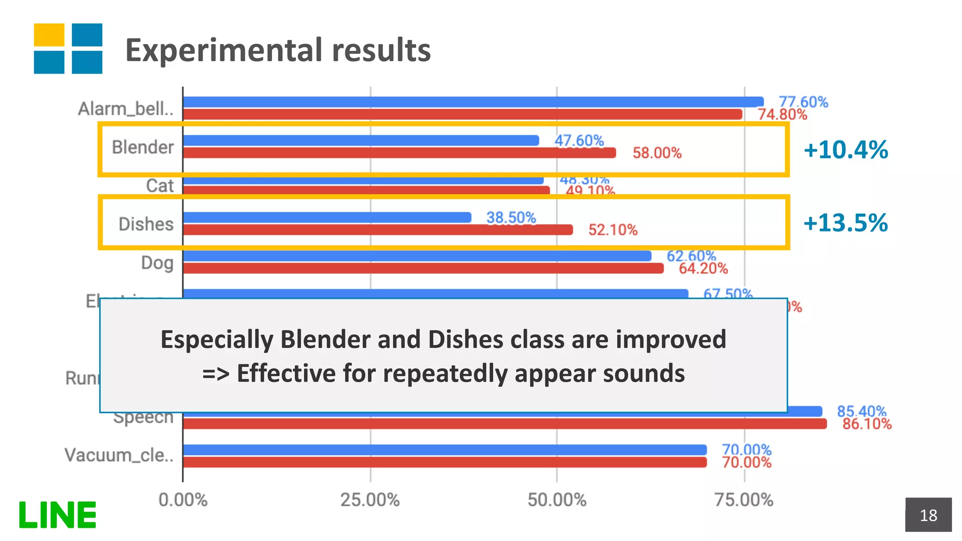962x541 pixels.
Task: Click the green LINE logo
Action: (x=57, y=515)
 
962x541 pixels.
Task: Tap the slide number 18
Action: (x=928, y=515)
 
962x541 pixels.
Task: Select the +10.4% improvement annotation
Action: (x=846, y=150)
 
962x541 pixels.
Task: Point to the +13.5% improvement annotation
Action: (x=846, y=223)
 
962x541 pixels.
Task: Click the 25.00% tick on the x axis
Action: (x=370, y=500)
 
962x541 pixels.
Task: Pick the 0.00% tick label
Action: (x=183, y=500)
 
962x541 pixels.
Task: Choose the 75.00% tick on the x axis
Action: (x=744, y=500)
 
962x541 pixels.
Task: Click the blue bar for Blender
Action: (x=361, y=140)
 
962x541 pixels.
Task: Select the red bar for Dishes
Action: (x=378, y=230)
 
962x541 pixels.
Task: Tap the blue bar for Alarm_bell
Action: (x=473, y=102)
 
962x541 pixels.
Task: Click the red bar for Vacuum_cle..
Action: (x=444, y=463)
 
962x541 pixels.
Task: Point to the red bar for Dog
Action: (x=423, y=268)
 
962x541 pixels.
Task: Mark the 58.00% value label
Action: (x=657, y=153)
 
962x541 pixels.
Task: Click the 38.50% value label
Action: (x=511, y=218)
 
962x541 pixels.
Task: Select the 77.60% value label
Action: (x=803, y=102)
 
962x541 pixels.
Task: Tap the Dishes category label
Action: (x=146, y=224)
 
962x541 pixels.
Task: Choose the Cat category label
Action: (x=160, y=185)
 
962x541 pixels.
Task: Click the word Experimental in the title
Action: (x=224, y=50)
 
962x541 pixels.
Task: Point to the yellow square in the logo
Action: (x=49, y=35)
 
